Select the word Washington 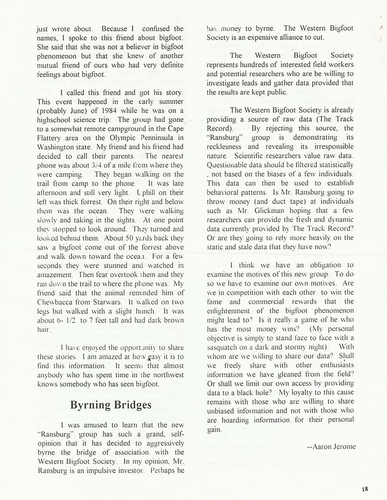point(55,147)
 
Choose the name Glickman point(256,210)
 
